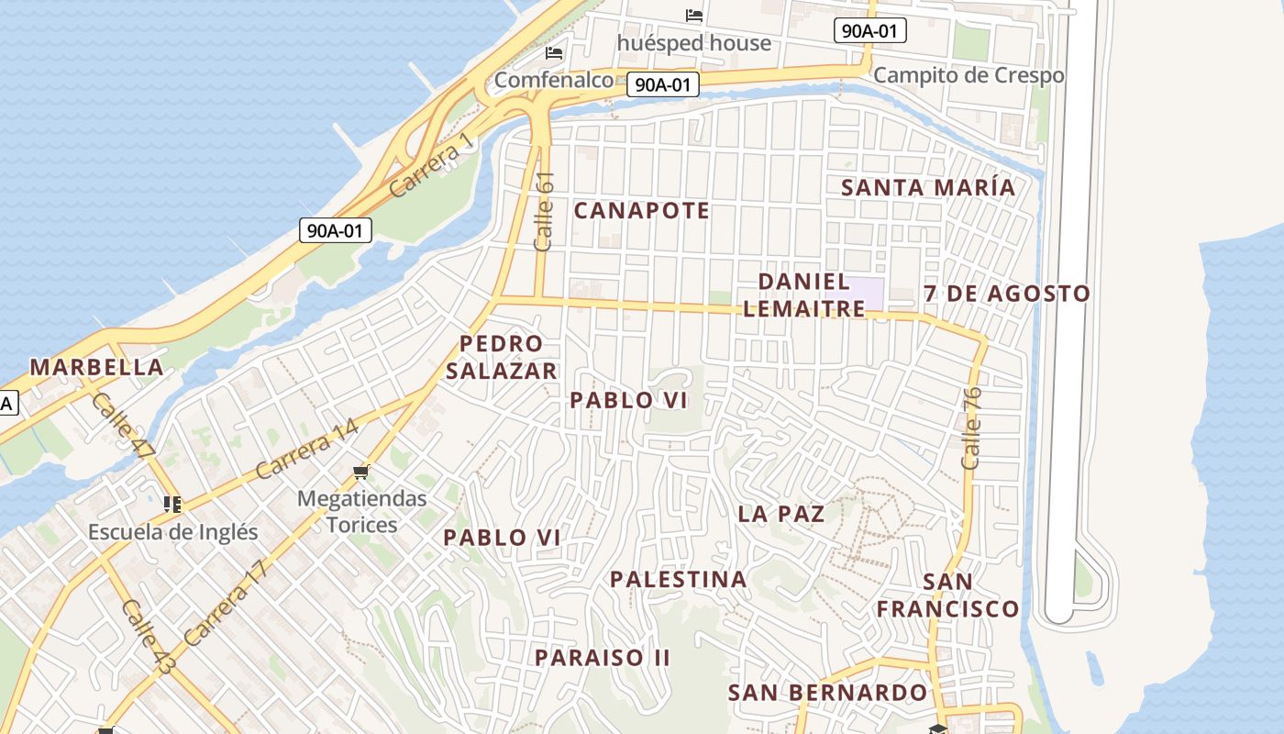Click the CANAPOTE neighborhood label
641,211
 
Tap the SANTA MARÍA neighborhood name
928,188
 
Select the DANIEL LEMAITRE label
804,295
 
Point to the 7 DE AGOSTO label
1006,295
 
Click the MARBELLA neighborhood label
96,368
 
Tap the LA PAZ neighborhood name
781,514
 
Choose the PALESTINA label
678,580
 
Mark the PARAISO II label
603,658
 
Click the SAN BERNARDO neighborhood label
827,693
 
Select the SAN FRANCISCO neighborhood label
947,595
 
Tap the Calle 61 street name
544,212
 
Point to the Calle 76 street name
972,428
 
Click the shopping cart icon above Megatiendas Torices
361,473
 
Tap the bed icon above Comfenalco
554,53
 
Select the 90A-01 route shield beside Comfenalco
663,85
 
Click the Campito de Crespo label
969,75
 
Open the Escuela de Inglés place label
172,532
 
